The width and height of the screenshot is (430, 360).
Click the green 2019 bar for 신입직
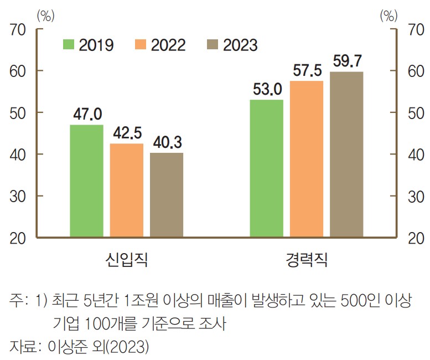[86, 181]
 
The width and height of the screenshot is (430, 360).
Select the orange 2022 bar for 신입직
[127, 191]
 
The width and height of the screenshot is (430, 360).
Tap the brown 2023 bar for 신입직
[167, 195]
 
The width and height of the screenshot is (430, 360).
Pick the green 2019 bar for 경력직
[266, 168]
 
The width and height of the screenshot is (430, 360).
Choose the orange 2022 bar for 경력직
[307, 159]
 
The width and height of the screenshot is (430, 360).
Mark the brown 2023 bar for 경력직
[346, 155]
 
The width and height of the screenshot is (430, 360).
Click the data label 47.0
[87, 115]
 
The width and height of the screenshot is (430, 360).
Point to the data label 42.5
[127, 133]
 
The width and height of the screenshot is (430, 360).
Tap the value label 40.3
[167, 142]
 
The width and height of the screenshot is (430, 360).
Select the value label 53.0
[267, 90]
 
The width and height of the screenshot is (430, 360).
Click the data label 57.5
[307, 71]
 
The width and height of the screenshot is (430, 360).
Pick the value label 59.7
[347, 61]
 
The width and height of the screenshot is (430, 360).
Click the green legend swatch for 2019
[69, 44]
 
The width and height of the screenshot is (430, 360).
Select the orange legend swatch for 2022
[140, 44]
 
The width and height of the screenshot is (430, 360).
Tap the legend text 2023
[240, 45]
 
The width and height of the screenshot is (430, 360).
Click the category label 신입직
[126, 259]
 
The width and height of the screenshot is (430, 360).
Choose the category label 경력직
[307, 259]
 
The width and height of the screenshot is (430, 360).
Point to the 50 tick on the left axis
[20, 113]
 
